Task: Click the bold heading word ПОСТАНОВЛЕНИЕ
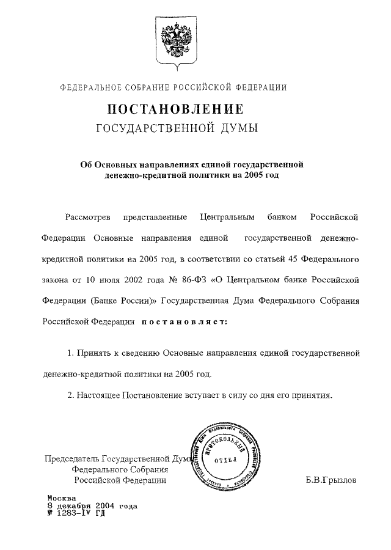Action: (176, 109)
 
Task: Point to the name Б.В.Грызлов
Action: (331, 480)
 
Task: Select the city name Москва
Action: (61, 497)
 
